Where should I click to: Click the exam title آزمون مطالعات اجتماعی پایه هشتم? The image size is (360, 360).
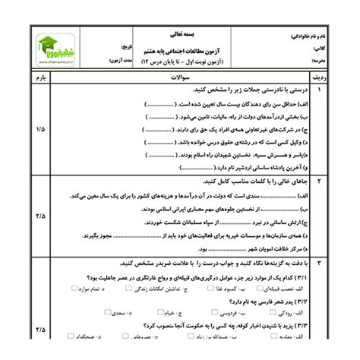[x=181, y=47]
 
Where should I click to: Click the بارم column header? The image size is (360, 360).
[x=39, y=77]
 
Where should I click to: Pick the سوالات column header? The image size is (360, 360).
[x=181, y=77]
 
